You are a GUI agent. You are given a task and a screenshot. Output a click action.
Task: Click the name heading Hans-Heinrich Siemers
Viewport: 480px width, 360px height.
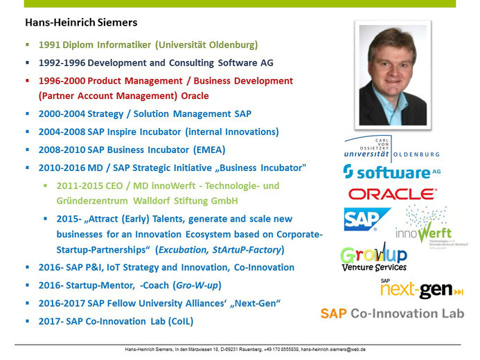[x=81, y=23]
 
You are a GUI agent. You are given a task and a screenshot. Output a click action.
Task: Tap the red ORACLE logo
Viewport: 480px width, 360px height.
[x=393, y=194]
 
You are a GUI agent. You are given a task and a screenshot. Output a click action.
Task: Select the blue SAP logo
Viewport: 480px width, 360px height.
[x=367, y=219]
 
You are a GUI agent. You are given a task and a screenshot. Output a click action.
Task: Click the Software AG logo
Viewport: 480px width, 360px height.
[x=392, y=172]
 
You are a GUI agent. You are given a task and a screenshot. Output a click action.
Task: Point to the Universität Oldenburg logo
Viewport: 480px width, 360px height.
[x=392, y=149]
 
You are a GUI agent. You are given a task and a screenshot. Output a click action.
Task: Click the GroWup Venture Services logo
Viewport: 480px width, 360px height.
[x=374, y=256]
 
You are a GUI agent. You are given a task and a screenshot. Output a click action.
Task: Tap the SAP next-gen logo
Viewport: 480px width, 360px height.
[x=422, y=289]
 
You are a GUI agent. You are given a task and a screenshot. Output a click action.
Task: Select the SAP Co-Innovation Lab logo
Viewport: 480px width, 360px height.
[x=392, y=314]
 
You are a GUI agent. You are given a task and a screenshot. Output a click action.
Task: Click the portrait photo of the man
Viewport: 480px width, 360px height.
[x=393, y=75]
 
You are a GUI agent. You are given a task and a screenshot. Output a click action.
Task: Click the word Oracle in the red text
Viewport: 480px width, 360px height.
[x=195, y=96]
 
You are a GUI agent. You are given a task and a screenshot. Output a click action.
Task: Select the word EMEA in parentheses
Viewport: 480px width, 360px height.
[x=209, y=150]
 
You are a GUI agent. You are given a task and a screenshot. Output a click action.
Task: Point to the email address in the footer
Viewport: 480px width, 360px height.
[x=333, y=350]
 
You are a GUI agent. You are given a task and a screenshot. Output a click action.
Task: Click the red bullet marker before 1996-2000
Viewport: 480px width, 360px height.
[x=28, y=80]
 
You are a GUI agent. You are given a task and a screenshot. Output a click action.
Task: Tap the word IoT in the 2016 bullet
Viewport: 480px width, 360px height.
[x=113, y=268]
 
